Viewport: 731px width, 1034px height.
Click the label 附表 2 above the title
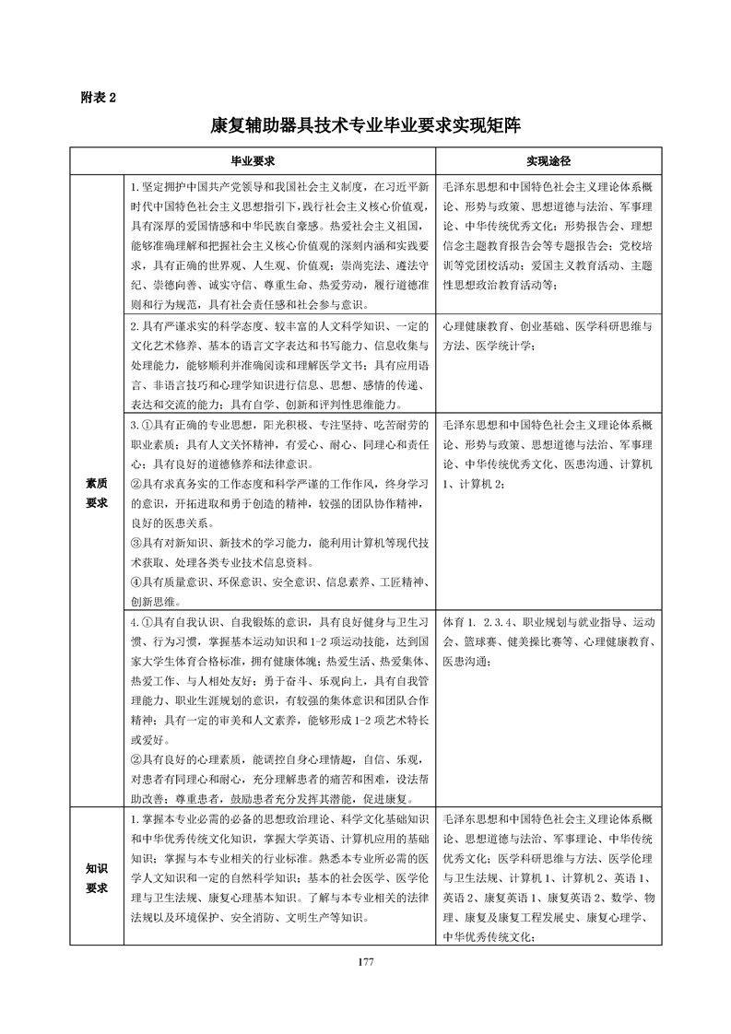coord(99,95)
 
